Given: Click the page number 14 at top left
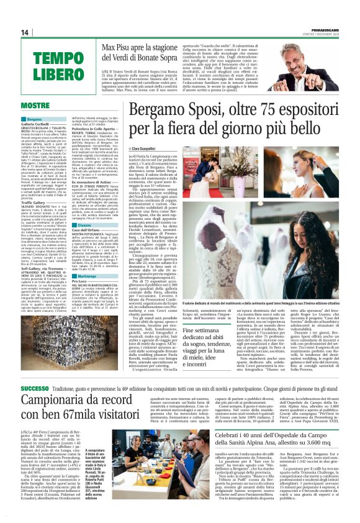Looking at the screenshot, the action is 25,33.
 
